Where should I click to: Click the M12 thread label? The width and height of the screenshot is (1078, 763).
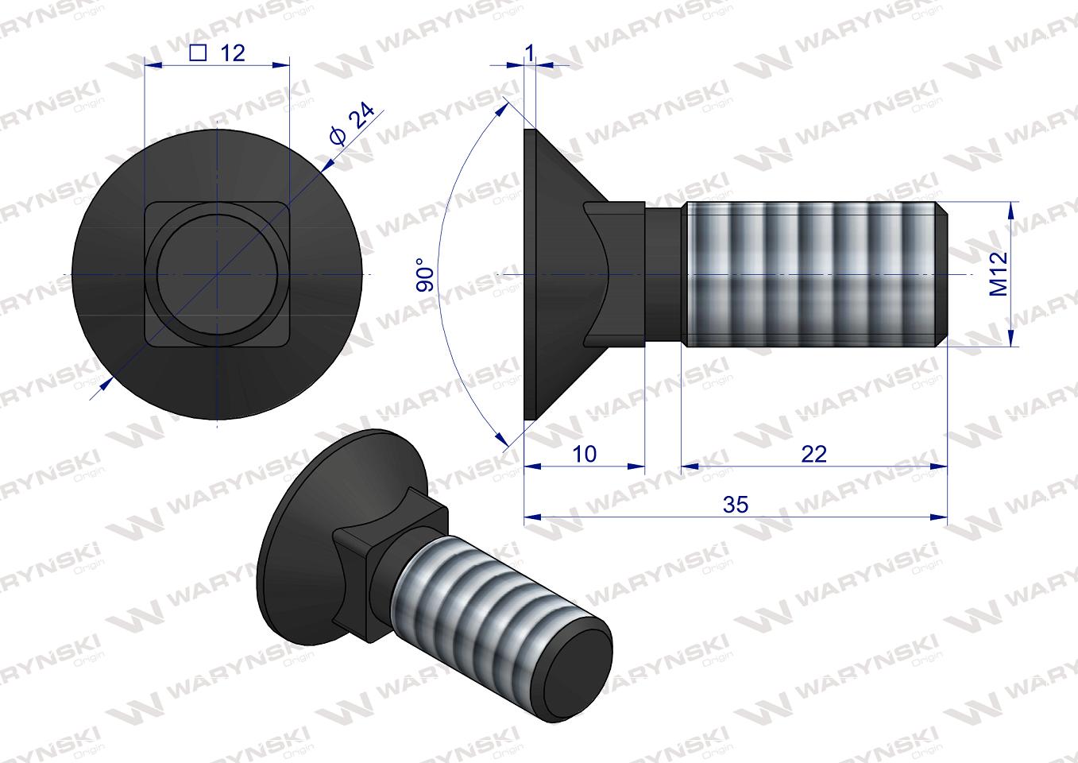pyautogui.click(x=999, y=274)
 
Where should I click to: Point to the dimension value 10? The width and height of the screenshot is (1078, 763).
pyautogui.click(x=584, y=454)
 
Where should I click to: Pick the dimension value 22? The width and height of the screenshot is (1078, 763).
pyautogui.click(x=814, y=454)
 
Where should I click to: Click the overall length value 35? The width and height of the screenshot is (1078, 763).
pyautogui.click(x=736, y=505)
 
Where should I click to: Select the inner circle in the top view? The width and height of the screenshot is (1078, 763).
pyautogui.click(x=218, y=274)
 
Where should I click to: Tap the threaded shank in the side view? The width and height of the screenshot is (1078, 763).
pyautogui.click(x=810, y=274)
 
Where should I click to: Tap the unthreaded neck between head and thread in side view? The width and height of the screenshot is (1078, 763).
pyautogui.click(x=663, y=274)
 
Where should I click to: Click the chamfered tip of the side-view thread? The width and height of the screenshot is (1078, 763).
pyautogui.click(x=942, y=274)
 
